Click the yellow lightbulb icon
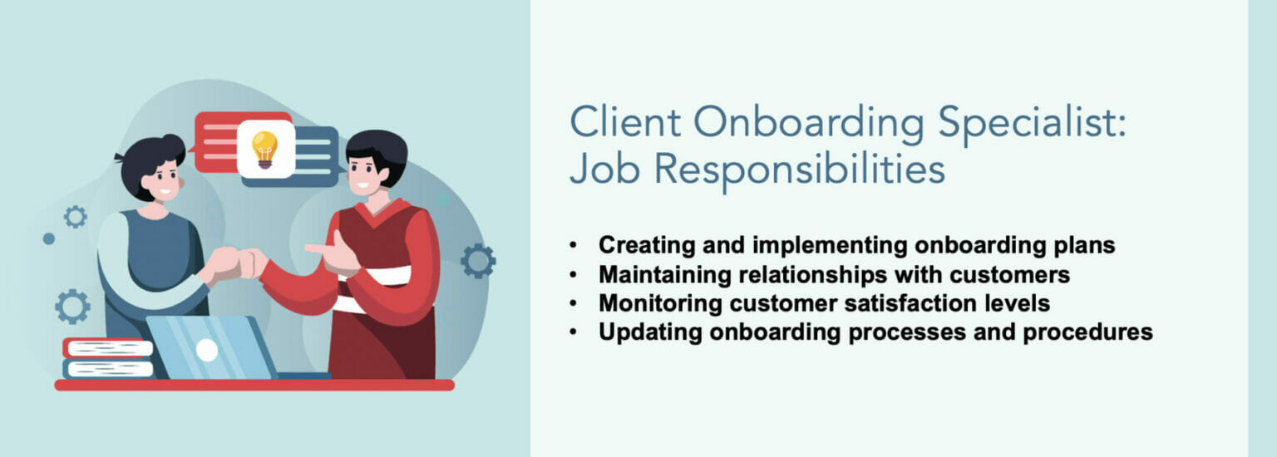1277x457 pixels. click(x=265, y=150)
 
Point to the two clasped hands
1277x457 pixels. click(x=236, y=265)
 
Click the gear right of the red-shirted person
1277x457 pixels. click(x=477, y=261)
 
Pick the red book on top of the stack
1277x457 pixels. click(x=108, y=347)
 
